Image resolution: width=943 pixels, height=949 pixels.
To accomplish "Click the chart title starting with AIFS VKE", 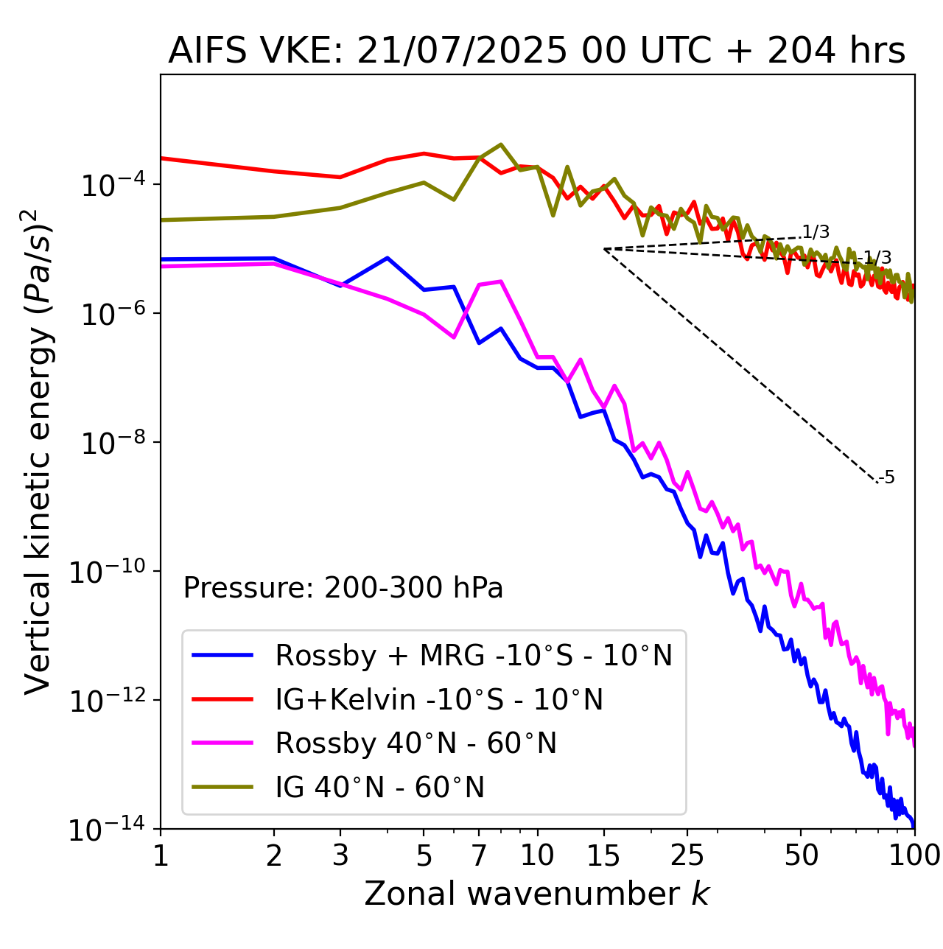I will click(x=536, y=52).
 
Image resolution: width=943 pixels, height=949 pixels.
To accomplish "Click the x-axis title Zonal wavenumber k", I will click(x=536, y=894).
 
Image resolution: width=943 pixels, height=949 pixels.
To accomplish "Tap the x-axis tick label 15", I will click(x=604, y=855).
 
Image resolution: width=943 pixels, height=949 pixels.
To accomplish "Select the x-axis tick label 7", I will click(x=479, y=855).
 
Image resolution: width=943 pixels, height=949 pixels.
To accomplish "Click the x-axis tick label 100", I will click(x=914, y=855).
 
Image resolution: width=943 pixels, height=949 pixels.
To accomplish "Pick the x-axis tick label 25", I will click(x=687, y=855).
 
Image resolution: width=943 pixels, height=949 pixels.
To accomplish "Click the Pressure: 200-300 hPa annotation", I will click(x=343, y=588).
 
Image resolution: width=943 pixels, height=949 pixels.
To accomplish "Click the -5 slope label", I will click(x=887, y=478).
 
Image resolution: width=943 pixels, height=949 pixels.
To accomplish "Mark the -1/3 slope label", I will click(x=877, y=258).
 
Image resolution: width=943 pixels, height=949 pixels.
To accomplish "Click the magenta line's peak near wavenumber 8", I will click(x=501, y=281).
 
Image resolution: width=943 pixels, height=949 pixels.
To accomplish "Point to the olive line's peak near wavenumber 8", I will click(x=501, y=144).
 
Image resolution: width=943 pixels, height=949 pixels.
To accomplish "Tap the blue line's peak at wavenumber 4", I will click(x=388, y=258).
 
